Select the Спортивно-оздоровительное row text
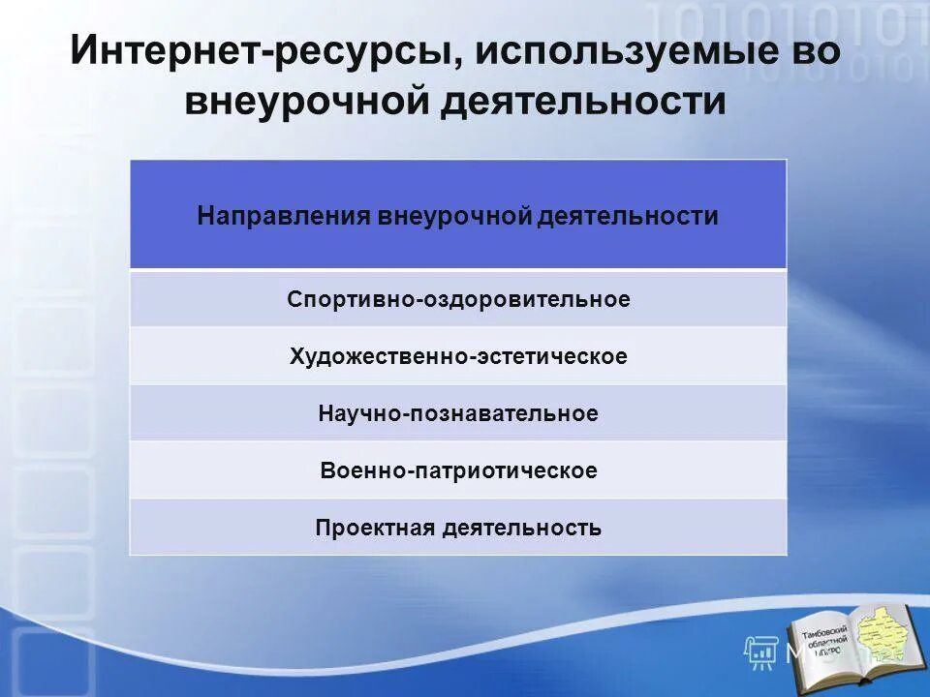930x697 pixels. pyautogui.click(x=458, y=299)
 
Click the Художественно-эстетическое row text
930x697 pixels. pyautogui.click(x=458, y=356)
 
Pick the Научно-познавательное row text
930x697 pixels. pyautogui.click(x=458, y=413)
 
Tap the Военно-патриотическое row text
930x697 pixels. pyautogui.click(x=458, y=471)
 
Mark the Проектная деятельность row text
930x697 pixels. pyautogui.click(x=458, y=529)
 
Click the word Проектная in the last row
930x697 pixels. pyautogui.click(x=374, y=529)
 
